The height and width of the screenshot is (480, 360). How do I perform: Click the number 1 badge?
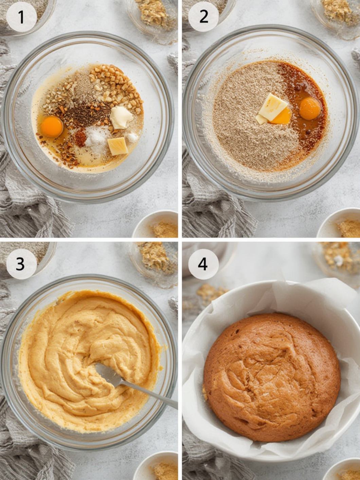tap(21, 17)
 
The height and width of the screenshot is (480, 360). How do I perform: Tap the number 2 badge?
tap(203, 17)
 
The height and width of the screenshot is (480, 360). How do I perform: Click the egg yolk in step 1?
tap(52, 127)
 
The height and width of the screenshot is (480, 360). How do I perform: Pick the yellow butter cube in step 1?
tap(118, 146)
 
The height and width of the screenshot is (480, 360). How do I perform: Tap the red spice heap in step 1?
tap(80, 138)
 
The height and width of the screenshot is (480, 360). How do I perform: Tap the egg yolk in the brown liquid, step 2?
tap(310, 109)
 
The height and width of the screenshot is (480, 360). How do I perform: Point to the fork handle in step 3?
tap(149, 394)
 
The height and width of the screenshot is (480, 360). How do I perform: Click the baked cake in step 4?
tap(272, 377)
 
